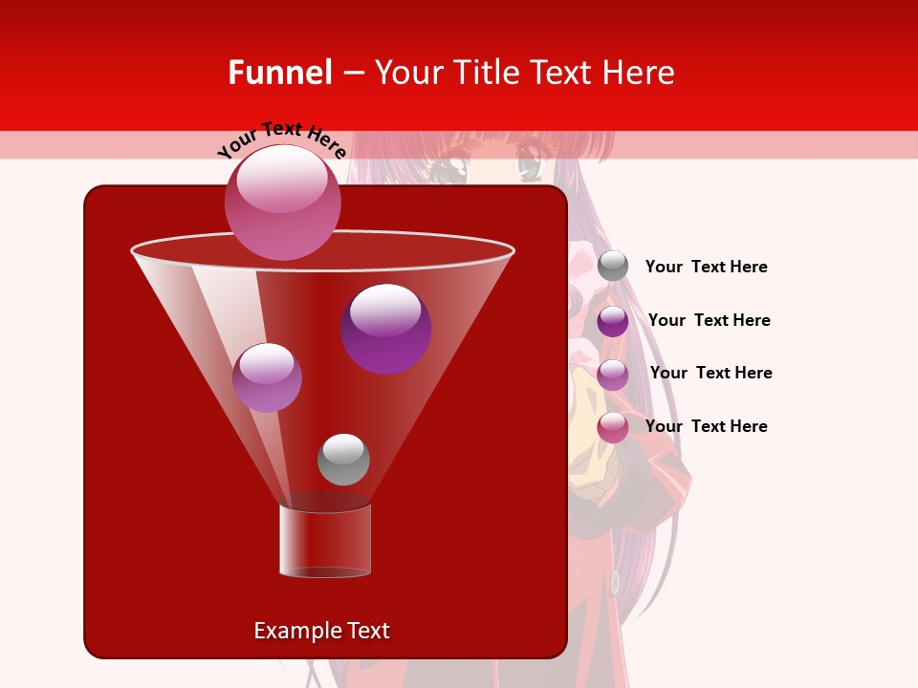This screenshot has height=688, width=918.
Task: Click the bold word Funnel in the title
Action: point(280,73)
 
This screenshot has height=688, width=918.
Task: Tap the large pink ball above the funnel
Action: point(283,202)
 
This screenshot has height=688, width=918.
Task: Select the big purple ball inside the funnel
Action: point(385,328)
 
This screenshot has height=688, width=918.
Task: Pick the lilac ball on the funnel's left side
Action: point(267,377)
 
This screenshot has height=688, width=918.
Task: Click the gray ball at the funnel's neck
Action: point(343,459)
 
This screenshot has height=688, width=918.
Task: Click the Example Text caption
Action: point(321,631)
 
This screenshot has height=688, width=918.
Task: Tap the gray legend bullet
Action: point(613,267)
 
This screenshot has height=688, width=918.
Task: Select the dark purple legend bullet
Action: point(613,321)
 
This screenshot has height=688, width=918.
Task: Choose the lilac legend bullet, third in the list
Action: point(613,375)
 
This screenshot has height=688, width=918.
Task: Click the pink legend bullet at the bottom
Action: point(613,427)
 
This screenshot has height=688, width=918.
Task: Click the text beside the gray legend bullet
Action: point(706,268)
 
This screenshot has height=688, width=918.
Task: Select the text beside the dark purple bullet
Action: point(709,321)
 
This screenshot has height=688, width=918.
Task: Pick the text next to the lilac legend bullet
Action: point(710,374)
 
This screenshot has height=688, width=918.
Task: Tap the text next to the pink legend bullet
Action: point(706,426)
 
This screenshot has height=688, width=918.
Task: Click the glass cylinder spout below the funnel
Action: point(325,540)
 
